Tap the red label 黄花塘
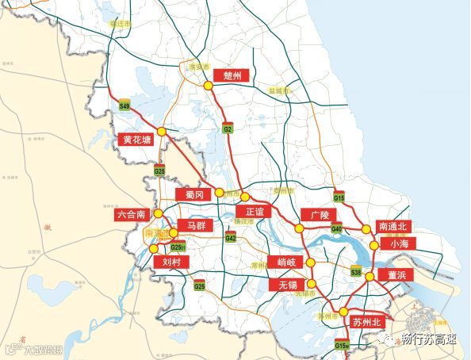136,140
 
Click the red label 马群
195,226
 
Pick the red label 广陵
320,215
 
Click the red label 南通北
392,226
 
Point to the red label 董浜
396,274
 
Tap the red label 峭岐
285,262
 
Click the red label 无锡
283,284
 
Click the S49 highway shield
124,105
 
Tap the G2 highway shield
228,128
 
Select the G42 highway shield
231,238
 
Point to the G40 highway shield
336,229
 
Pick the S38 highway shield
356,273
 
